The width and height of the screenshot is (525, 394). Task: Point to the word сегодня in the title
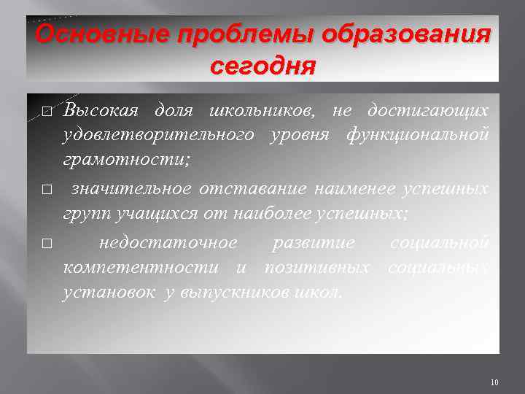point(262,67)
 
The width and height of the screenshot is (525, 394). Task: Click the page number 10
point(494,382)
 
